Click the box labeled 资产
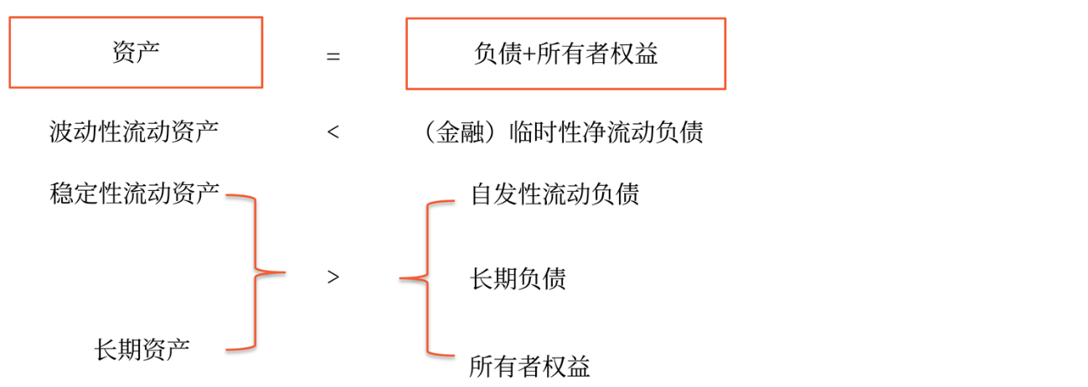point(135,52)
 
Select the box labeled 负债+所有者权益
point(565,54)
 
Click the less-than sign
point(333,132)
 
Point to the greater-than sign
point(333,276)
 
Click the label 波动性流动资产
point(135,132)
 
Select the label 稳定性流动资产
point(135,194)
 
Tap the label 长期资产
point(143,348)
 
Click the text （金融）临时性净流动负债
point(563,132)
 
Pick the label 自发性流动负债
point(555,194)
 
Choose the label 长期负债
point(518,278)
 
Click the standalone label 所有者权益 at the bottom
point(530,366)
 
